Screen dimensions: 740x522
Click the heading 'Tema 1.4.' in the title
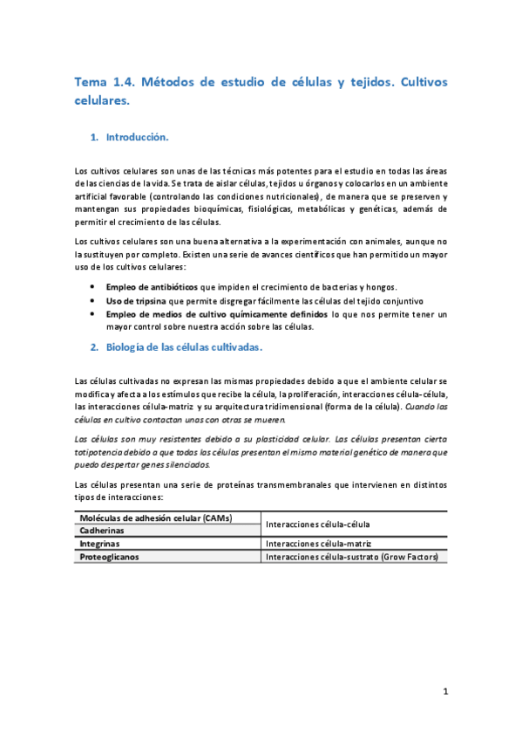tap(104, 83)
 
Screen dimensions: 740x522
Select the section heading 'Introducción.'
tap(137, 138)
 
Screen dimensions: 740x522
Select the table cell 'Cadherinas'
tap(102, 530)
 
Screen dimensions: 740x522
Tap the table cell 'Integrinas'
tap(100, 543)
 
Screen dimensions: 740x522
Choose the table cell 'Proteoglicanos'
tap(109, 556)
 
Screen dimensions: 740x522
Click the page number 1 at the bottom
tap(444, 692)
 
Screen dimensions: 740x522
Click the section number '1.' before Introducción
tap(95, 138)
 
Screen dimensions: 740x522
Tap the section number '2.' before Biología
tap(95, 346)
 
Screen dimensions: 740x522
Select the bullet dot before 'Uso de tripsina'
tap(93, 300)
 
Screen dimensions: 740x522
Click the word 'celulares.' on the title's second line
tap(102, 101)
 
